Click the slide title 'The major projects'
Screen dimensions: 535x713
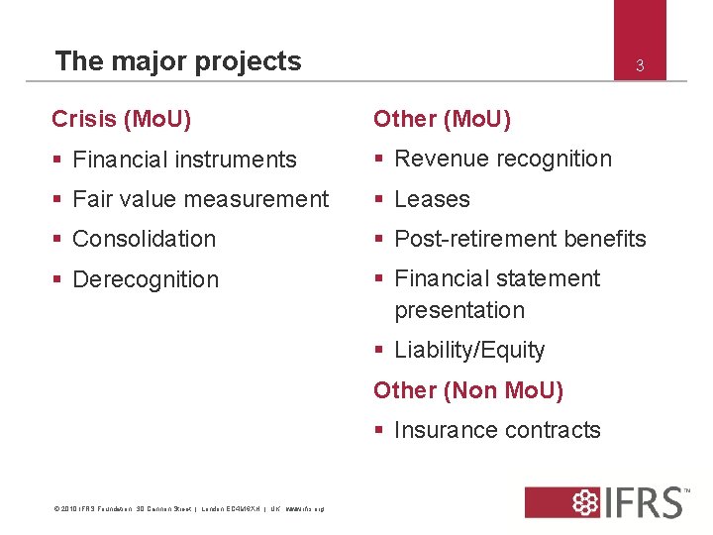[x=178, y=61]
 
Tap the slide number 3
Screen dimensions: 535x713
[x=640, y=66]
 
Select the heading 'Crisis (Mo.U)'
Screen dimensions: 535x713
[x=122, y=119]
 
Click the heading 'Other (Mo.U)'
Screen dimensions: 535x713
[x=442, y=119]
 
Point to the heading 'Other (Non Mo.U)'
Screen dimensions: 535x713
[x=468, y=390]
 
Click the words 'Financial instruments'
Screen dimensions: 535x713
[x=184, y=160]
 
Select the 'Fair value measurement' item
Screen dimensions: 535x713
[x=200, y=199]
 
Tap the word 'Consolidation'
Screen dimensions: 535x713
[x=144, y=239]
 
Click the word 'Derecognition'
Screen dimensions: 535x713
[x=146, y=279]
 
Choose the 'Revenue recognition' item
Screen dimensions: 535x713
[x=503, y=159]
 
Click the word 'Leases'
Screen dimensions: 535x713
[x=432, y=199]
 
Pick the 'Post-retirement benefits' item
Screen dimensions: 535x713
[x=520, y=239]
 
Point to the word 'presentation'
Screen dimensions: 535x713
[x=459, y=310]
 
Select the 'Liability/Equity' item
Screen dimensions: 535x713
[x=469, y=350]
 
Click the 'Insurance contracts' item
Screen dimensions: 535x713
[x=497, y=430]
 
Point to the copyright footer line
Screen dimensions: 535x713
[x=188, y=509]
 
